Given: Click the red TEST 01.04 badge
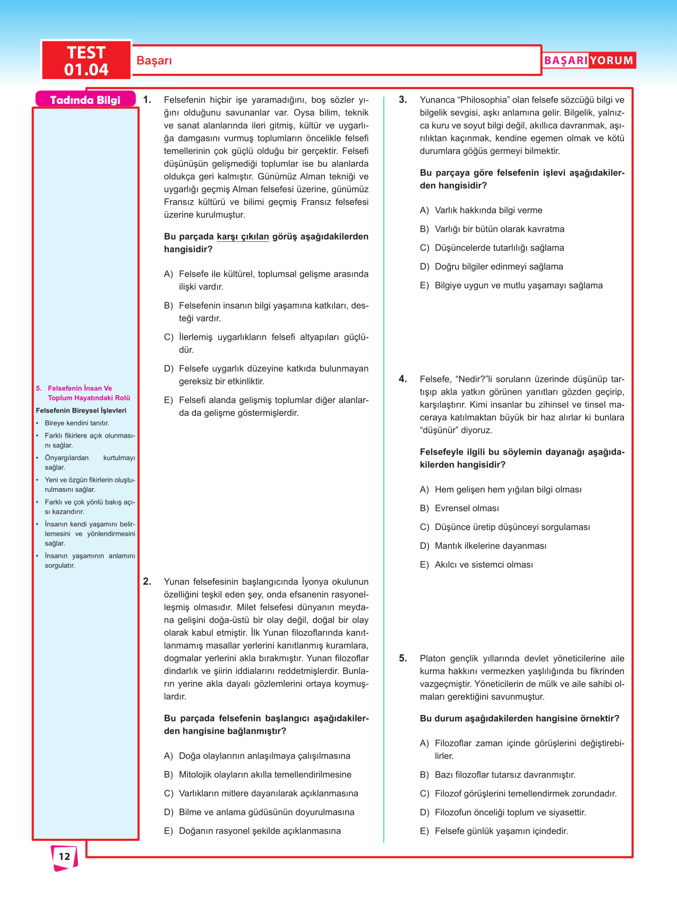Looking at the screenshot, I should [86, 61].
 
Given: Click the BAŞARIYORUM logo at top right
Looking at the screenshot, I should [588, 61].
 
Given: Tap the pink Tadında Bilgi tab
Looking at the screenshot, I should [85, 100].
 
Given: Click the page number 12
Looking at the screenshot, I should [64, 856].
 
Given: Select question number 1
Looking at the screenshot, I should [147, 100].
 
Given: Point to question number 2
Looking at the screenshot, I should [147, 582].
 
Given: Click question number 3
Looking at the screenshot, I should [403, 100].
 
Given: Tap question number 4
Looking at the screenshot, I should [403, 379].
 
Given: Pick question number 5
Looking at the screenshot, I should [403, 658].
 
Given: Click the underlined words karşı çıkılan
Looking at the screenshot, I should [243, 237].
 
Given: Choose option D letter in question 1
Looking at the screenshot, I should [168, 369].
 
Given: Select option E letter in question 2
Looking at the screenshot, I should [168, 831].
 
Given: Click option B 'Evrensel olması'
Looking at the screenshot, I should [467, 508].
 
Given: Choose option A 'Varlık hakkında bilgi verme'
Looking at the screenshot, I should [489, 210].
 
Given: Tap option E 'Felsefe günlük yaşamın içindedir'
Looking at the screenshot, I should [501, 831].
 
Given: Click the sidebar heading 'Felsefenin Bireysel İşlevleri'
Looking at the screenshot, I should [81, 411].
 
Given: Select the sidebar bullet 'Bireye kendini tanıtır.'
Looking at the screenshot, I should [77, 423].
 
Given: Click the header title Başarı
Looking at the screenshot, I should [154, 61].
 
